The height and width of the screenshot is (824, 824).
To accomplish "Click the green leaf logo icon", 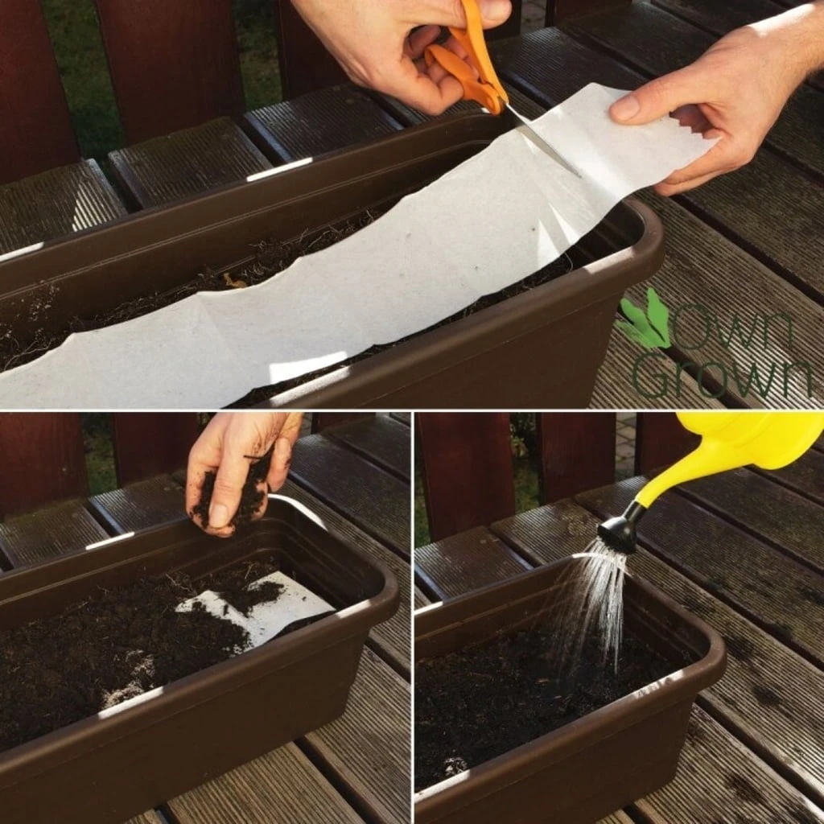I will pos(645,323).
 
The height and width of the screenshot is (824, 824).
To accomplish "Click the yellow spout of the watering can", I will pos(668,479).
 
